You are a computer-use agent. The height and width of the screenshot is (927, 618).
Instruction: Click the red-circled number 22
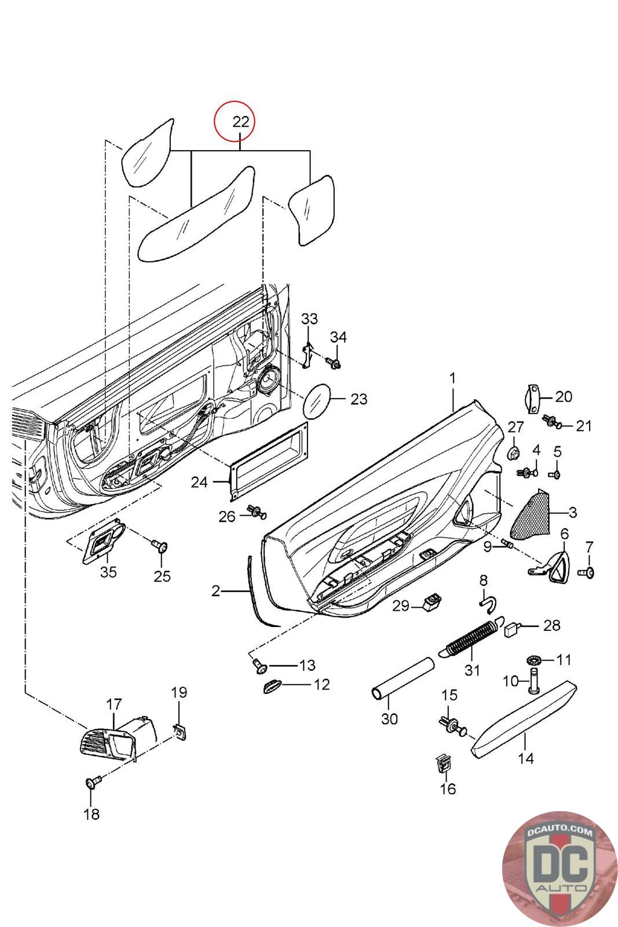click(x=240, y=122)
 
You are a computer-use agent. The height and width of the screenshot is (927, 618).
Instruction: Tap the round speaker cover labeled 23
click(x=316, y=400)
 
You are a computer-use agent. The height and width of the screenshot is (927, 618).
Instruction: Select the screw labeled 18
click(x=92, y=784)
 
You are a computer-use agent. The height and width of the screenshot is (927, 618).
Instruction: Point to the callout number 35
click(x=108, y=572)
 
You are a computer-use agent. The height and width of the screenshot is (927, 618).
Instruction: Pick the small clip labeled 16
click(x=442, y=765)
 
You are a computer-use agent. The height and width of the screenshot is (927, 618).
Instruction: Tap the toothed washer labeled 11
click(x=533, y=660)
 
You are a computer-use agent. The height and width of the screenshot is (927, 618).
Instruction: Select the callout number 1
click(x=452, y=378)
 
